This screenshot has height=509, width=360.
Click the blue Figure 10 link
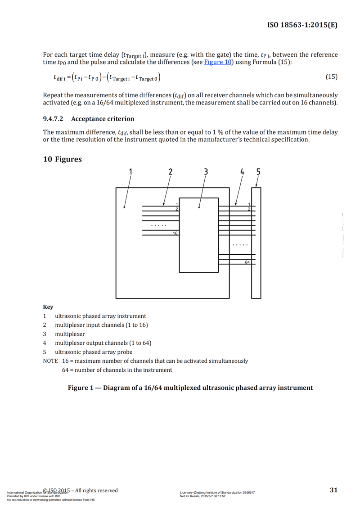(x=218, y=62)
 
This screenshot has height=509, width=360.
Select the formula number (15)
(x=331, y=77)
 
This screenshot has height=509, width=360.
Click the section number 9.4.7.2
(x=53, y=119)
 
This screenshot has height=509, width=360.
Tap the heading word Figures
(x=68, y=159)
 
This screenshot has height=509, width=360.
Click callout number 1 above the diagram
(x=130, y=171)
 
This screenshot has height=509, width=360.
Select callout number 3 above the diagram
(x=206, y=171)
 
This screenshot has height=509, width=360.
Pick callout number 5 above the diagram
(x=258, y=171)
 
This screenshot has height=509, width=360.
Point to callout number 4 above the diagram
(x=243, y=171)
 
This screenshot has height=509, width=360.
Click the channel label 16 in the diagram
(x=175, y=233)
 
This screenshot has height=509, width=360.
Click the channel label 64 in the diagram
(x=247, y=262)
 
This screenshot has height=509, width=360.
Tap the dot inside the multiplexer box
(x=199, y=207)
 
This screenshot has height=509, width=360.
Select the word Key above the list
(x=48, y=307)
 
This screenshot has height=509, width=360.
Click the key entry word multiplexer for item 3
(x=70, y=334)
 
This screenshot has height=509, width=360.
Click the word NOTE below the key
(x=50, y=361)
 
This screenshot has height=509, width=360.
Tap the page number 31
(x=333, y=490)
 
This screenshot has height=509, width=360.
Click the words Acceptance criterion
(x=103, y=119)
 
